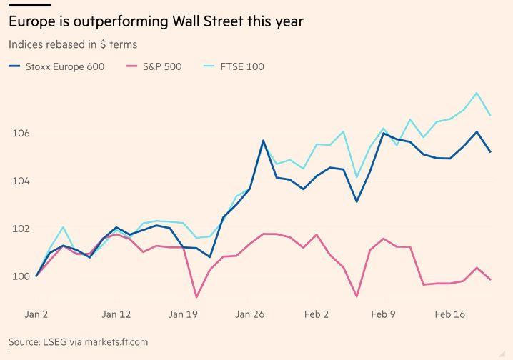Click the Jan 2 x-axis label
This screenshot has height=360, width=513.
tap(36, 314)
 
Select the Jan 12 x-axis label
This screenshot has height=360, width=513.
tap(116, 314)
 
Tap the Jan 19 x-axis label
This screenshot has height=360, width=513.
tap(183, 314)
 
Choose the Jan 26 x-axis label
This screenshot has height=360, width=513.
tap(250, 314)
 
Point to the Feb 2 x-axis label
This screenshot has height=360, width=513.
tap(317, 314)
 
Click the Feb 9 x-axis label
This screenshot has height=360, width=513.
tap(383, 314)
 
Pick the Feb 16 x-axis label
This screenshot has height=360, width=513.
tap(450, 314)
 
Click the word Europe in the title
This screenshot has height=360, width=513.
tap(30, 21)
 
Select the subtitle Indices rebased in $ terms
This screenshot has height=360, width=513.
tap(73, 44)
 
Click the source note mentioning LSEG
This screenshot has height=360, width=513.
tap(78, 342)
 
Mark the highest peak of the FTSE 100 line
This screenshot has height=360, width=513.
tap(477, 93)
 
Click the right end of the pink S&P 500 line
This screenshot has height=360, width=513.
tap(490, 279)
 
